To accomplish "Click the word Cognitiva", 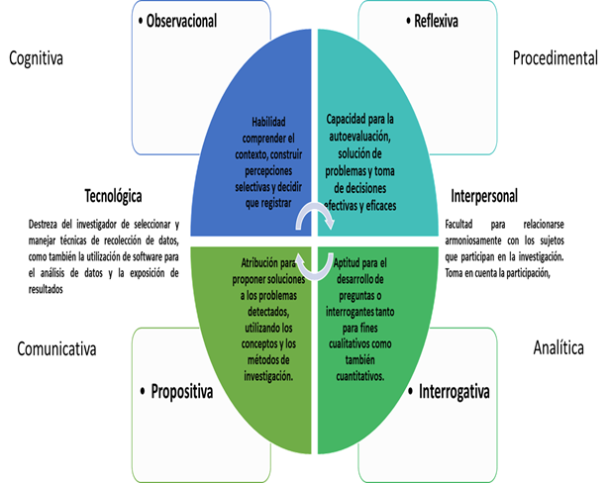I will (37, 58).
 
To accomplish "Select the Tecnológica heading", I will (112, 195).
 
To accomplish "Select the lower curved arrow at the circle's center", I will (314, 265).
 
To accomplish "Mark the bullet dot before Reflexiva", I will (408, 20).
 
